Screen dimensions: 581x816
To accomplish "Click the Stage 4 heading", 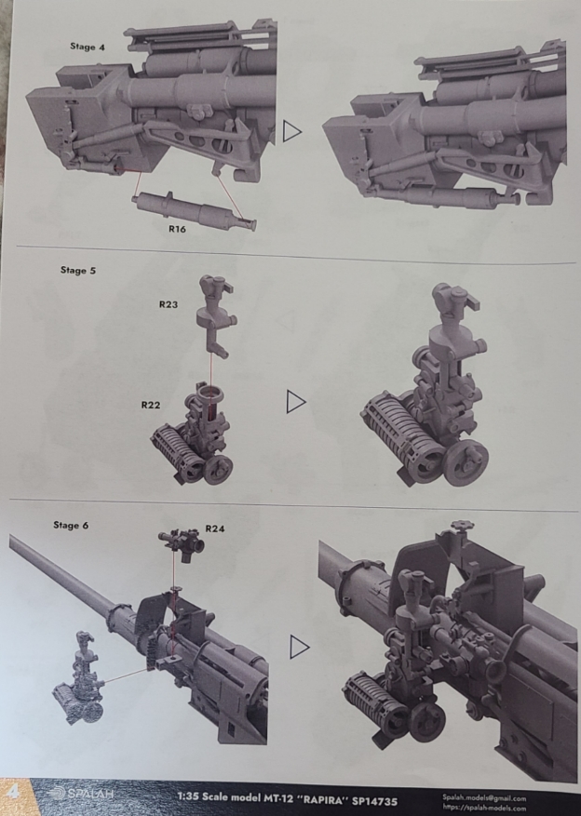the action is pyautogui.click(x=88, y=47).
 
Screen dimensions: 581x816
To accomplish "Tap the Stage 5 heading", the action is pyautogui.click(x=78, y=270).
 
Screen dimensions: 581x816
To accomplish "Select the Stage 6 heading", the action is pyautogui.click(x=71, y=525).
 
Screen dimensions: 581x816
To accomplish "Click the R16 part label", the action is pyautogui.click(x=177, y=229).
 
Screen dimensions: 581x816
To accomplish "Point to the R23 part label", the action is pyautogui.click(x=169, y=304).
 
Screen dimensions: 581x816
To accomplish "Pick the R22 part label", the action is pyautogui.click(x=151, y=405).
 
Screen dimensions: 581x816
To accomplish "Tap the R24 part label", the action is pyautogui.click(x=214, y=528).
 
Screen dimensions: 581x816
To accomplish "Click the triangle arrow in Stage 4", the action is pyautogui.click(x=291, y=131).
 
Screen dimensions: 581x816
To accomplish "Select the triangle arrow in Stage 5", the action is pyautogui.click(x=296, y=402).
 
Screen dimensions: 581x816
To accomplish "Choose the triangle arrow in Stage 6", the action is pyautogui.click(x=299, y=647).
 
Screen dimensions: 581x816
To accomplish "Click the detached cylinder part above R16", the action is pyautogui.click(x=195, y=208).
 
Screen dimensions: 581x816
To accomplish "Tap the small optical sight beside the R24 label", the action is pyautogui.click(x=182, y=543).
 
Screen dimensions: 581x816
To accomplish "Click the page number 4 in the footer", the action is pyautogui.click(x=12, y=792).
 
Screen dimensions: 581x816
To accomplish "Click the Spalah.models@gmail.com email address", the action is pyautogui.click(x=484, y=797).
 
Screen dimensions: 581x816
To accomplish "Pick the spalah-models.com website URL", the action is pyautogui.click(x=484, y=808).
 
